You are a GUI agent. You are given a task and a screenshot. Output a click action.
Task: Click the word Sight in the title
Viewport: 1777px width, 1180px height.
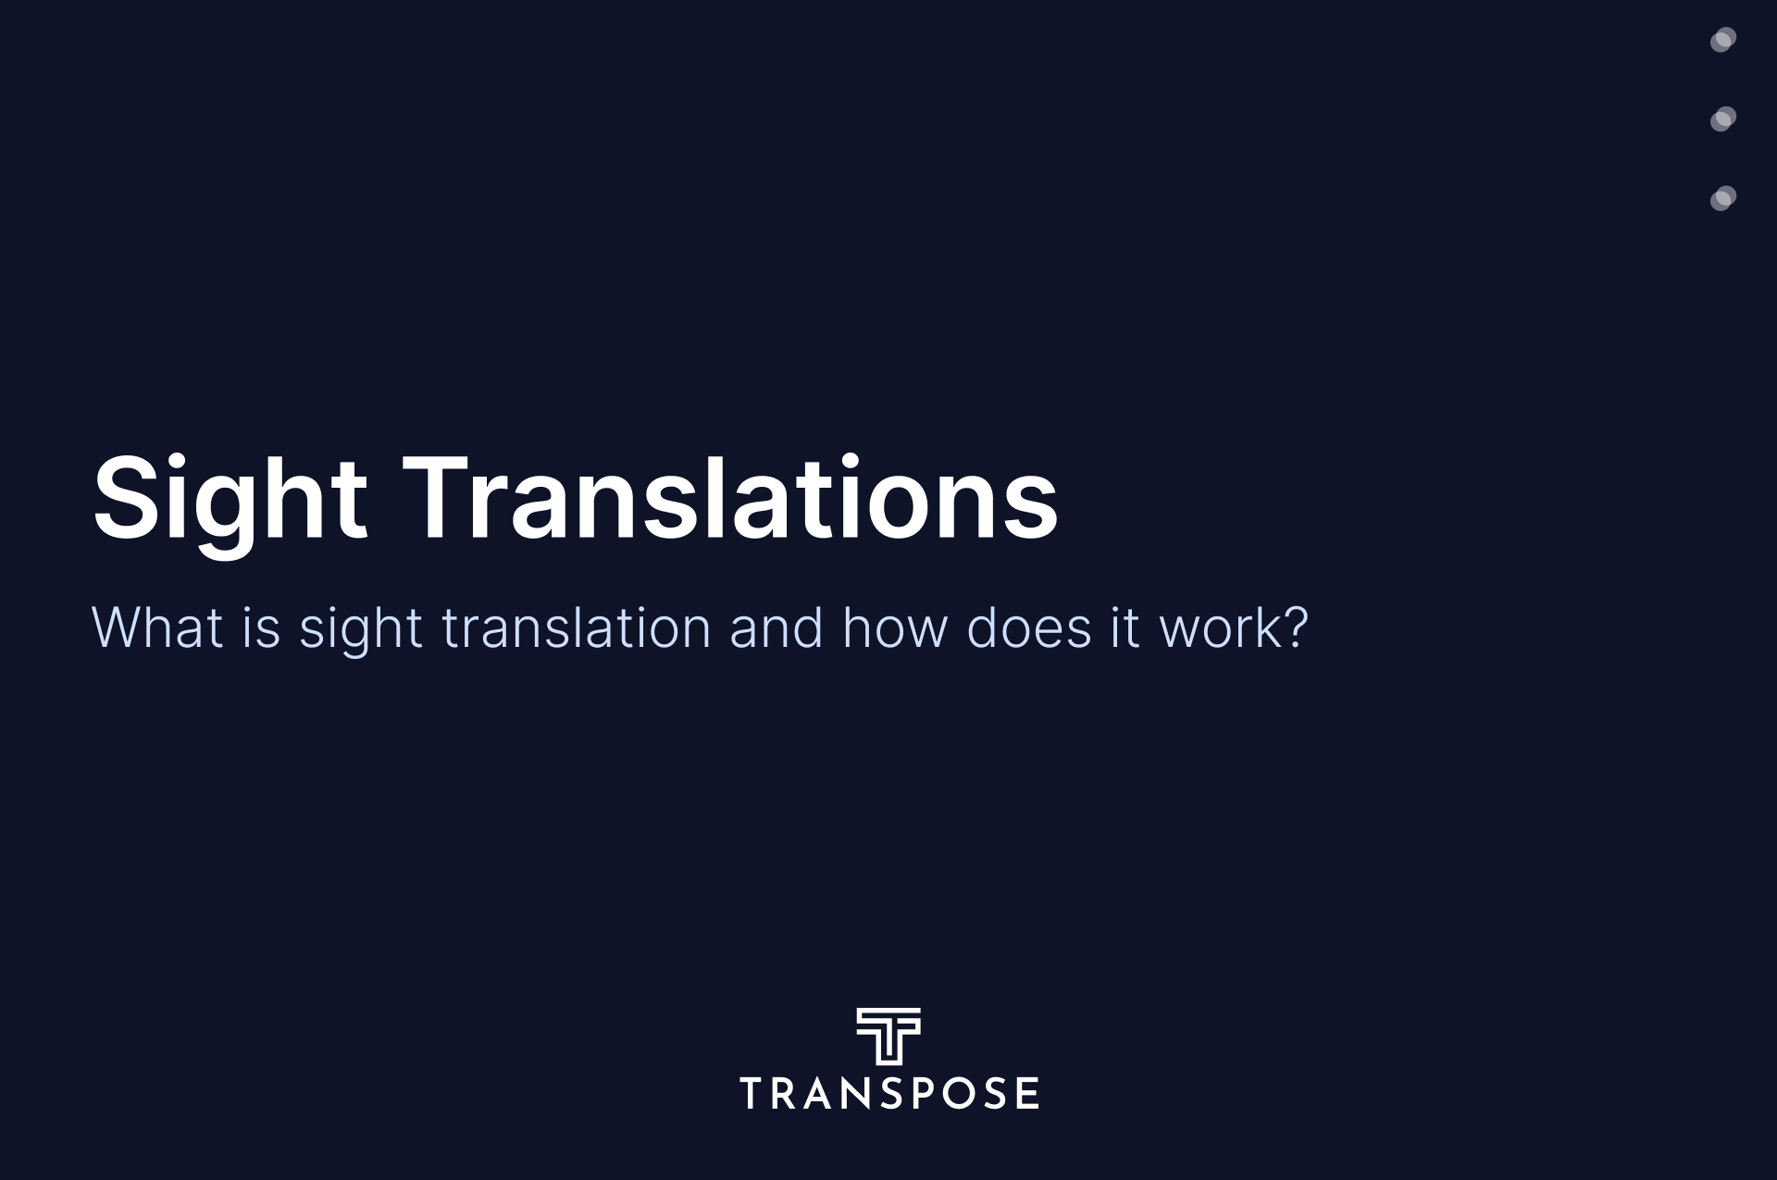(230, 499)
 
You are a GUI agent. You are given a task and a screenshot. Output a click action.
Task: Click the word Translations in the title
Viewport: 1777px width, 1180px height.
(730, 497)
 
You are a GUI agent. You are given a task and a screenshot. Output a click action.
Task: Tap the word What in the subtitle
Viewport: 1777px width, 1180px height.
(157, 627)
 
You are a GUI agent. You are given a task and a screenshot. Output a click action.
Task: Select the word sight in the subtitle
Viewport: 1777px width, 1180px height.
(361, 631)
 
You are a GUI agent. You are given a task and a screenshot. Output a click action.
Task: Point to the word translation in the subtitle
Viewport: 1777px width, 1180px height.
(577, 627)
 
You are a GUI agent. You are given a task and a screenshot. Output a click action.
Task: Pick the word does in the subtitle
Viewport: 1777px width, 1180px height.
(1029, 627)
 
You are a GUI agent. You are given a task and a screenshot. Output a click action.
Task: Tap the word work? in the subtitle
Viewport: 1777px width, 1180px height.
(1234, 627)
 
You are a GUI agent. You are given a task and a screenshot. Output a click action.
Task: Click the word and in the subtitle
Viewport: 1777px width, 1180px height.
(777, 627)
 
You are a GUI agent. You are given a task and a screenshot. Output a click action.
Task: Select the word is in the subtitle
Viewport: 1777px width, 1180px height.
(261, 627)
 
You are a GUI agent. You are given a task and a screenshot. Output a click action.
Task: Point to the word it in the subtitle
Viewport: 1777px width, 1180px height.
(1125, 627)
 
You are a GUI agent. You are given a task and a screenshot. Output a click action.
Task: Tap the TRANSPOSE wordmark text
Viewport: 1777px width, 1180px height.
(889, 1093)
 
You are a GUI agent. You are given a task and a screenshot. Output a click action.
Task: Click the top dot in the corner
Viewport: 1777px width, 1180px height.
(1723, 40)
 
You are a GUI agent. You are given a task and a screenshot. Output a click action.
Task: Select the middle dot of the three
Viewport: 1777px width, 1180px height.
(1723, 119)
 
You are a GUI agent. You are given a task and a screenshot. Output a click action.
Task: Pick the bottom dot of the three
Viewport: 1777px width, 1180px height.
(1723, 199)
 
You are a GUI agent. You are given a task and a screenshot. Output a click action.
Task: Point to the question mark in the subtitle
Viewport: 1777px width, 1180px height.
(1295, 627)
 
